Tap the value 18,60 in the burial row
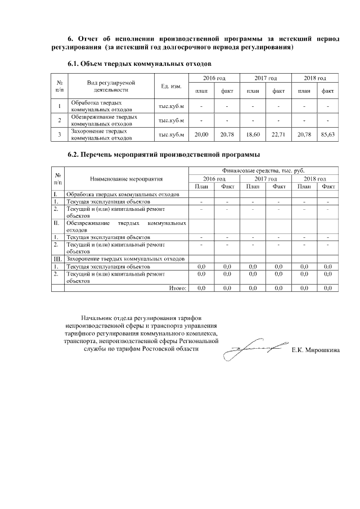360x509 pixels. tap(253, 134)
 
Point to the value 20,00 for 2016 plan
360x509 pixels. tap(201, 134)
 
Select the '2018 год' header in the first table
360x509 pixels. tap(314, 78)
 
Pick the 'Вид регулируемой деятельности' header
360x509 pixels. tap(111, 85)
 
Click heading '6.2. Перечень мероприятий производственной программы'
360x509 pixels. tap(164, 154)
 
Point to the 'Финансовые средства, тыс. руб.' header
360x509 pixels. tap(263, 170)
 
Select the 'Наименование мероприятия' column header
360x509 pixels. tap(126, 179)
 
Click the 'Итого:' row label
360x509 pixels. tap(178, 288)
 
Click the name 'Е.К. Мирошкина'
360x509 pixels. tap(316, 350)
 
